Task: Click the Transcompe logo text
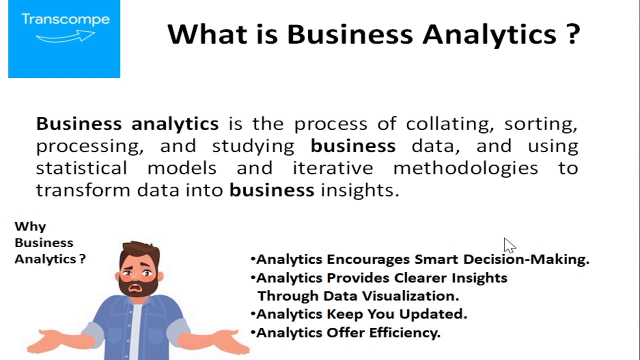(x=65, y=20)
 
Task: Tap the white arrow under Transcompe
(x=65, y=36)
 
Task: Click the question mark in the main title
(x=572, y=34)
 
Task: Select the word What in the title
(x=207, y=34)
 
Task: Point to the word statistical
(x=81, y=168)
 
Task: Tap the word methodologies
(x=465, y=168)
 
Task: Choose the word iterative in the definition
(x=333, y=168)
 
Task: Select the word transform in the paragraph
(x=83, y=190)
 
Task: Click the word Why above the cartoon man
(x=30, y=227)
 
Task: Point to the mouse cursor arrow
(x=509, y=245)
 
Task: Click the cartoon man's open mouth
(x=135, y=287)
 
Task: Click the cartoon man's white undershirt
(x=136, y=331)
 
